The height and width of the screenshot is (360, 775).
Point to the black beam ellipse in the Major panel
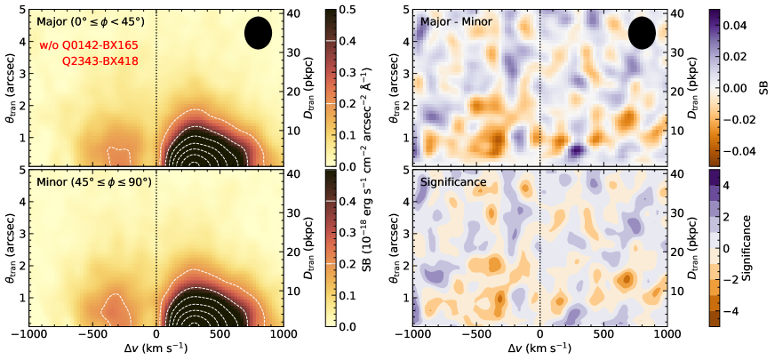coord(258,33)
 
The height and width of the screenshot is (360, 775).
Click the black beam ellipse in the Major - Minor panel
coord(642,33)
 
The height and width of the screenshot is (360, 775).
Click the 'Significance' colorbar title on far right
coord(763,249)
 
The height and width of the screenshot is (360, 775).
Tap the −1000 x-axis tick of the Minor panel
coord(29,335)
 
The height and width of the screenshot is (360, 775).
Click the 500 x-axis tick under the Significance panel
coord(603,335)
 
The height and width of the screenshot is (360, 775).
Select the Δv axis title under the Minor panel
coord(156,349)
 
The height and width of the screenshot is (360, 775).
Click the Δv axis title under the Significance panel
coord(540,349)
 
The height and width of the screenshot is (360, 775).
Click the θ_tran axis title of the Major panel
coord(10,88)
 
